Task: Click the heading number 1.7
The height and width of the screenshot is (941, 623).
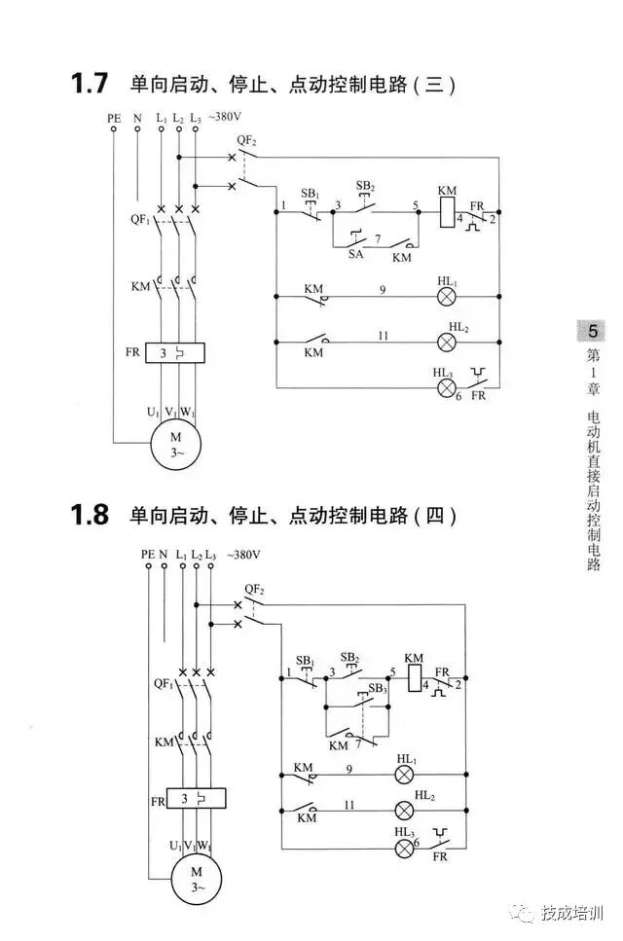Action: click(89, 84)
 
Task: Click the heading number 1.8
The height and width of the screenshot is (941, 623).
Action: click(89, 515)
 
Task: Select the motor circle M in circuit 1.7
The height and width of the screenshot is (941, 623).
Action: click(175, 445)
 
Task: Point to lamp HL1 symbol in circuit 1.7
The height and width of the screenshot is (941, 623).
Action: click(447, 293)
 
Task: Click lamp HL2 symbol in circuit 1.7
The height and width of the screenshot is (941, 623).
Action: click(447, 342)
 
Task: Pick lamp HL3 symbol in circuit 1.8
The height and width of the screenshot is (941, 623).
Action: click(404, 848)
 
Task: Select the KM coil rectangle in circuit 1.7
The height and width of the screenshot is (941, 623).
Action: click(447, 212)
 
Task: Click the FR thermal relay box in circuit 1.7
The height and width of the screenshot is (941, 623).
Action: click(175, 352)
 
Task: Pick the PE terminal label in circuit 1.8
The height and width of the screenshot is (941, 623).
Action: click(147, 554)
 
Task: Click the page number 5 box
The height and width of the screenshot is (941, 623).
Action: click(593, 331)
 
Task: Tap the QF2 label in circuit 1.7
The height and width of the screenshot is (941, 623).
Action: click(247, 141)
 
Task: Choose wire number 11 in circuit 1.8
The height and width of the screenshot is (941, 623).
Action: click(348, 804)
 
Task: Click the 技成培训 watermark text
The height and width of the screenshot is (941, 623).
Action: click(573, 914)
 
